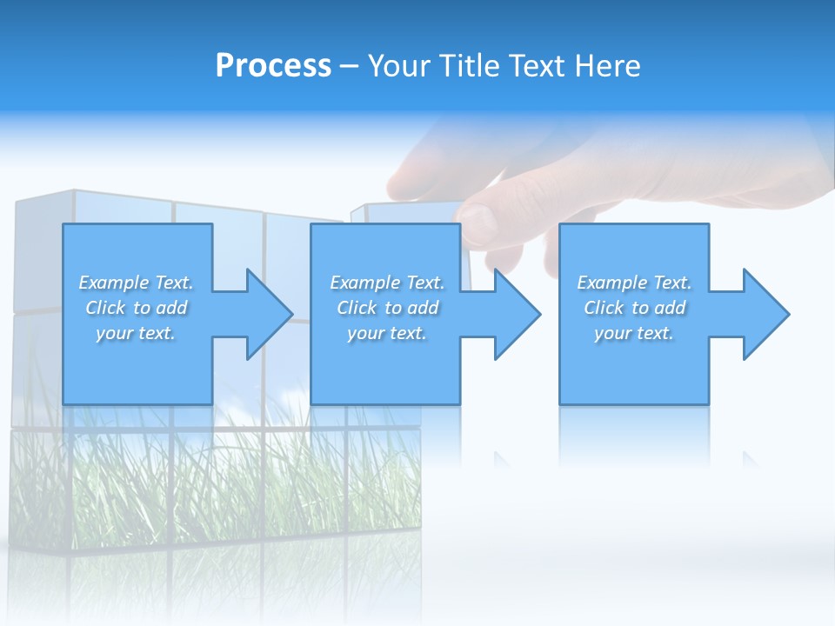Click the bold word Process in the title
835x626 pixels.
click(273, 65)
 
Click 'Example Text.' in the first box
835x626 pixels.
click(136, 283)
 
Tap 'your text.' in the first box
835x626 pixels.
click(136, 333)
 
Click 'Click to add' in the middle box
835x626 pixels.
click(387, 308)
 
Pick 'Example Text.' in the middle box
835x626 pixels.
click(387, 283)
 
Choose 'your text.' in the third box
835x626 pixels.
click(634, 333)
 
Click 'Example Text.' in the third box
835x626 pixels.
click(634, 283)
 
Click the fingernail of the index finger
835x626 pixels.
click(478, 222)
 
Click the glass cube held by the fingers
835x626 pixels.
click(409, 213)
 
